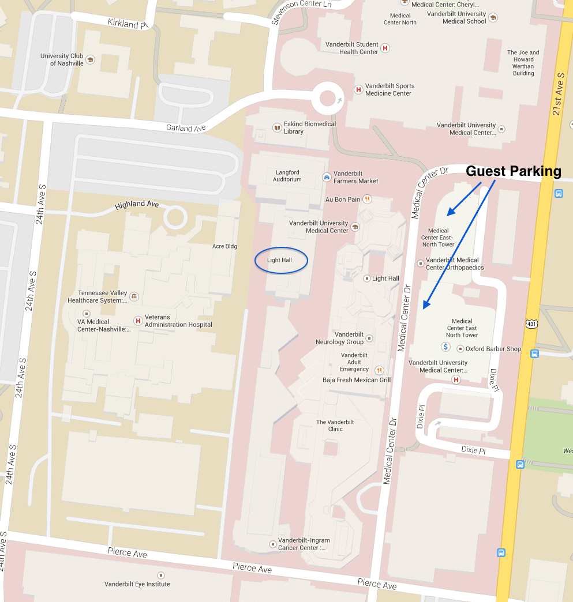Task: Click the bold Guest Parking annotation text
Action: point(513,171)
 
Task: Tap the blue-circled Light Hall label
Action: point(280,261)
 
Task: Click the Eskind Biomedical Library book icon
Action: point(277,127)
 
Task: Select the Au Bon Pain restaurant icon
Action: point(368,200)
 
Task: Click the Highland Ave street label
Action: point(137,205)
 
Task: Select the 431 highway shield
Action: point(531,324)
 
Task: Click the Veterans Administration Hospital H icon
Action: point(137,321)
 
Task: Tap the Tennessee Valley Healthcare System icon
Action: point(134,296)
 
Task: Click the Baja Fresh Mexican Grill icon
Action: point(379,370)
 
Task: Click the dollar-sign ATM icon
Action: point(445,347)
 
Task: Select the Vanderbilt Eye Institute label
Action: point(137,584)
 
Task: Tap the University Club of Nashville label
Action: point(62,59)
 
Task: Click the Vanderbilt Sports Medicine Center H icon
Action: point(358,89)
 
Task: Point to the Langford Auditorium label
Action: point(287,176)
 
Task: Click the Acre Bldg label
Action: point(224,246)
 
